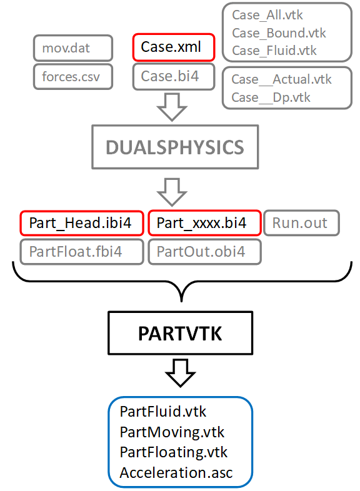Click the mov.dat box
tap(73, 47)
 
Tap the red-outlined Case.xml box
tap(173, 47)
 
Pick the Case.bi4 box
tap(173, 76)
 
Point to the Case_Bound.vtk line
tap(278, 32)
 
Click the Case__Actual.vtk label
tap(281, 79)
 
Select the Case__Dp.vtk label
tap(271, 97)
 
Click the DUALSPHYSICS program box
tap(174, 147)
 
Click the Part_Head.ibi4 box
tap(81, 222)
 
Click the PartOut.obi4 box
tap(204, 252)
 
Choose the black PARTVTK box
tap(181, 334)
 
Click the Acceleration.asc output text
tap(176, 472)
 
